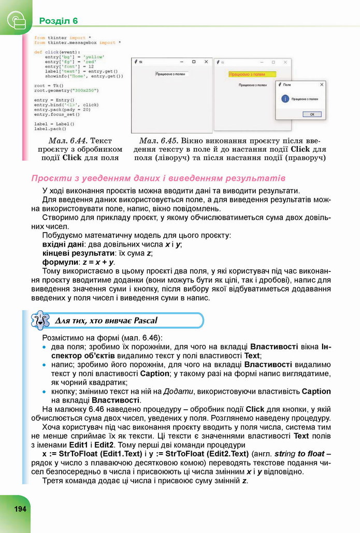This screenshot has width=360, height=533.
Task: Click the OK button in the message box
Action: click(311, 113)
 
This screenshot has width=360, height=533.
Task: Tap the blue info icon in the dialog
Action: click(284, 98)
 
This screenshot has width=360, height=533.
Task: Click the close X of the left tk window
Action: click(206, 61)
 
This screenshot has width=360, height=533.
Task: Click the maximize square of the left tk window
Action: click(193, 61)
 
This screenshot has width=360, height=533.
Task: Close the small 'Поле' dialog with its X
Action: click(322, 84)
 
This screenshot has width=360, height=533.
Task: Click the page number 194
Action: click(20, 508)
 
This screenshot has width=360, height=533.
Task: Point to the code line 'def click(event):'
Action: click(54, 52)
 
